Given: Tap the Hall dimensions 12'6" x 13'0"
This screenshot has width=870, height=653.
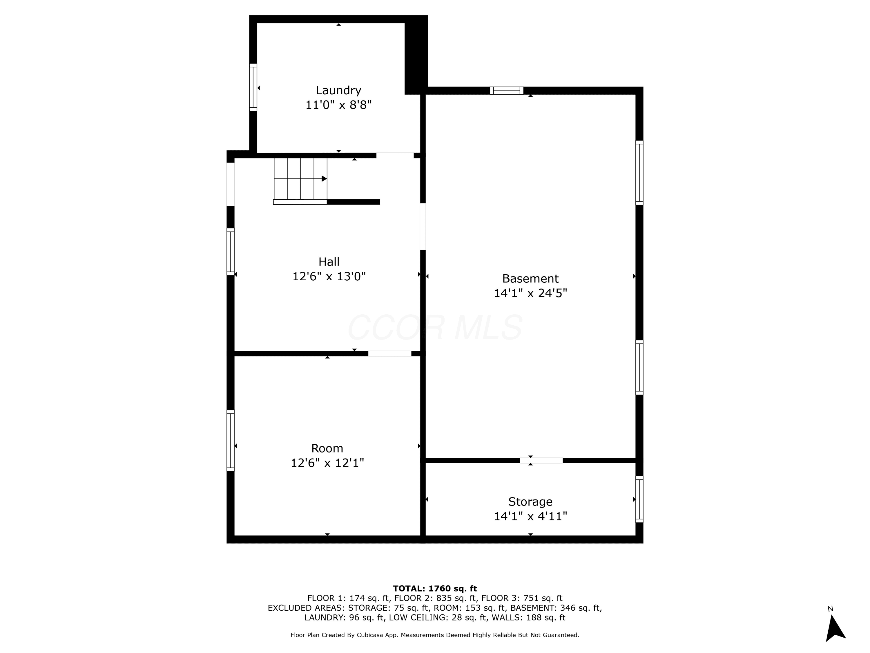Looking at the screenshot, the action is point(329,276).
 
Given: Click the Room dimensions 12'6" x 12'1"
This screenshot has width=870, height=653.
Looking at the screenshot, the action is point(327,463).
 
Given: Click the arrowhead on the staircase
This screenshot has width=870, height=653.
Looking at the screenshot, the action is point(324,179).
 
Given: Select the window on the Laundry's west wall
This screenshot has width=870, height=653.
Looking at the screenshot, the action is point(253,87).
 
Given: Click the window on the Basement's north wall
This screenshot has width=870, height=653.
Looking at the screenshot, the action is point(507,91).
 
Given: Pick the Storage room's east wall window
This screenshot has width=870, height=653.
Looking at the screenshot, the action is point(639,499).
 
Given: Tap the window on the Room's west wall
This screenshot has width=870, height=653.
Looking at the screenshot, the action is point(231,441).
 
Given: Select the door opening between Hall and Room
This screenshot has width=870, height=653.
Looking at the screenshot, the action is point(390,353).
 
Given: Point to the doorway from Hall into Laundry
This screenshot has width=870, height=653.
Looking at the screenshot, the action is point(395,156).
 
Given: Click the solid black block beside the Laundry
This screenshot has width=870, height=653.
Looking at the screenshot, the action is point(416,55).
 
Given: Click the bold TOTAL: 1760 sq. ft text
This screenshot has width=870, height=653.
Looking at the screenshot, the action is point(435,589).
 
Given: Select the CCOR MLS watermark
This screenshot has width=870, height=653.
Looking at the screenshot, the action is point(435,327).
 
